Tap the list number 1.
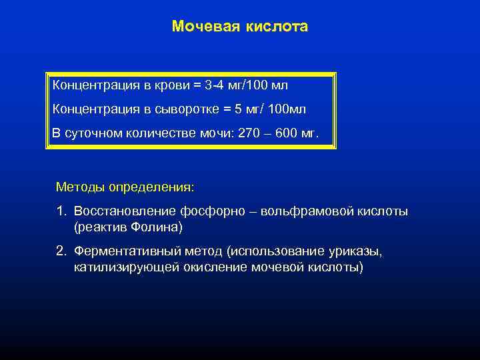click(61, 211)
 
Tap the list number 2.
click(61, 251)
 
